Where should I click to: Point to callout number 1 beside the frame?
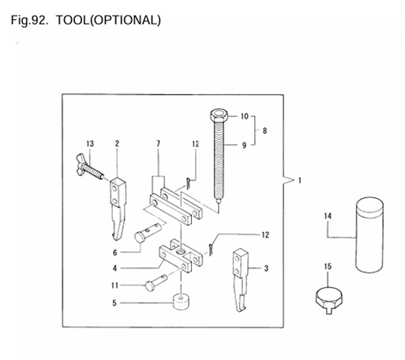coord(301,181)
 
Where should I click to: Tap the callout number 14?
coord(327,215)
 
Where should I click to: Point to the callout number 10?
coord(244,116)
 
